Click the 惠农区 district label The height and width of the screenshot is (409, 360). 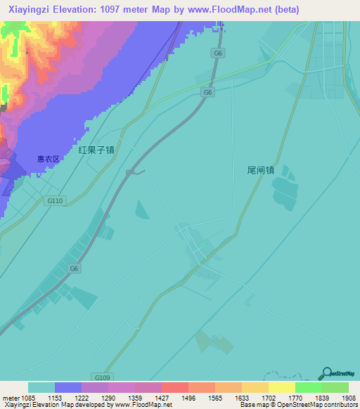(x=49, y=159)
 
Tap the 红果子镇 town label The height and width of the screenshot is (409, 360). (x=96, y=150)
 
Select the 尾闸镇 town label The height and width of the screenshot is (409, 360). (x=260, y=170)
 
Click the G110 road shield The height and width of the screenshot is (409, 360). (x=56, y=201)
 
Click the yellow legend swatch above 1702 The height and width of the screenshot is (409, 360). (x=255, y=387)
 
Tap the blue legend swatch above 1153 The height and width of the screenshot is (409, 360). (x=68, y=387)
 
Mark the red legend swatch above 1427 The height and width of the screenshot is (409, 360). (x=175, y=387)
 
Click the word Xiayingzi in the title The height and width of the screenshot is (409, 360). (x=32, y=9)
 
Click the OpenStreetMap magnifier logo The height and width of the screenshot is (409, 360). (x=327, y=372)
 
